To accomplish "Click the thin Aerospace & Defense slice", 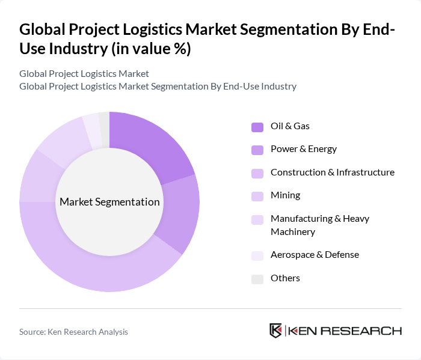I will (91, 130).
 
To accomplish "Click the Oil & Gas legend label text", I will (290, 126).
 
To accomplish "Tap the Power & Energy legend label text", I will (303, 149).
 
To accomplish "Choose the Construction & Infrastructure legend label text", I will (332, 172).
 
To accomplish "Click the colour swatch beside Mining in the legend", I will (257, 196).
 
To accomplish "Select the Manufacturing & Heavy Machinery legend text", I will (319, 225).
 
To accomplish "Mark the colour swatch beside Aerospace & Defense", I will (257, 255).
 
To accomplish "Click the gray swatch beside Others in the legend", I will (257, 279).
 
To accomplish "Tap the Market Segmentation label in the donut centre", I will (109, 202).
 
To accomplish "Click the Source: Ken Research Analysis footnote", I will (73, 332).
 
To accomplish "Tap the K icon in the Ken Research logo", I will (276, 331).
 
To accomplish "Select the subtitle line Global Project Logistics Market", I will (84, 74).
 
